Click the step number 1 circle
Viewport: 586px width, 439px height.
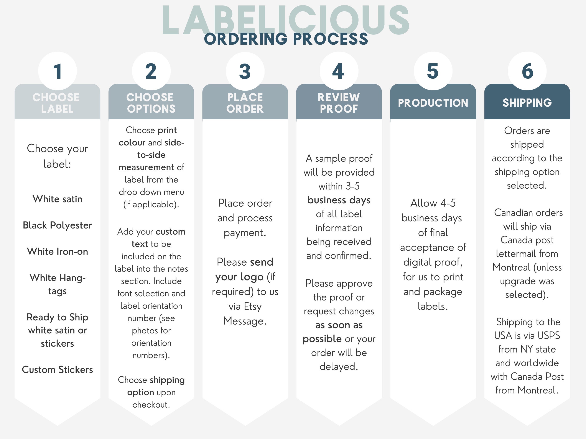point(58,71)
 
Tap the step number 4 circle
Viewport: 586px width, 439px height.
point(339,71)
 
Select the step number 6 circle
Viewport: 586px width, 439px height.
point(527,71)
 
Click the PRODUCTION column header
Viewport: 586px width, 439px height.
point(433,103)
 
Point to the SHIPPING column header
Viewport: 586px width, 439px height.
point(527,103)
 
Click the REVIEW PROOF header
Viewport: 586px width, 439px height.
point(339,103)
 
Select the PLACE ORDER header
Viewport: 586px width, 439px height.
point(245,103)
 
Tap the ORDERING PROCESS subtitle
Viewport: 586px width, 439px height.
point(286,39)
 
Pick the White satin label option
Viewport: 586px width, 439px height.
point(58,199)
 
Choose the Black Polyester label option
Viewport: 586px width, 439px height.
point(58,225)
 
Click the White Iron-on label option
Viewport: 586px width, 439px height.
point(58,251)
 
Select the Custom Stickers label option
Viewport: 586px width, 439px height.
point(58,369)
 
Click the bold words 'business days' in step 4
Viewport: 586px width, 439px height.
point(339,200)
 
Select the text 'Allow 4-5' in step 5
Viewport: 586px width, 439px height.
point(433,203)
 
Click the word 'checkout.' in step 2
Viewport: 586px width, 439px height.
point(151,405)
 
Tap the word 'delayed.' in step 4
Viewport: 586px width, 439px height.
point(339,367)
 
